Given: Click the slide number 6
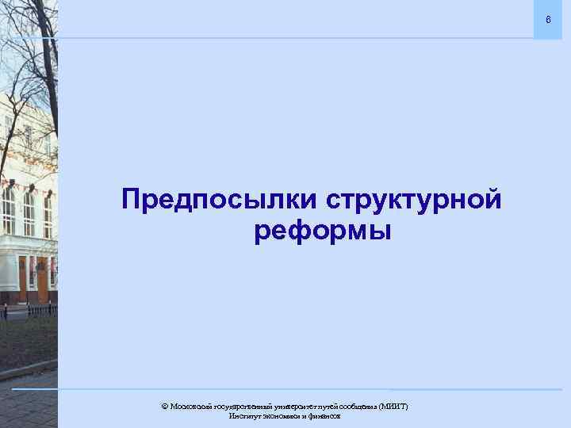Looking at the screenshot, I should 546,18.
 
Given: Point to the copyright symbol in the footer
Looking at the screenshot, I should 164,406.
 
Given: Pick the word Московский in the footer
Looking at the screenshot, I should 190,406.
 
